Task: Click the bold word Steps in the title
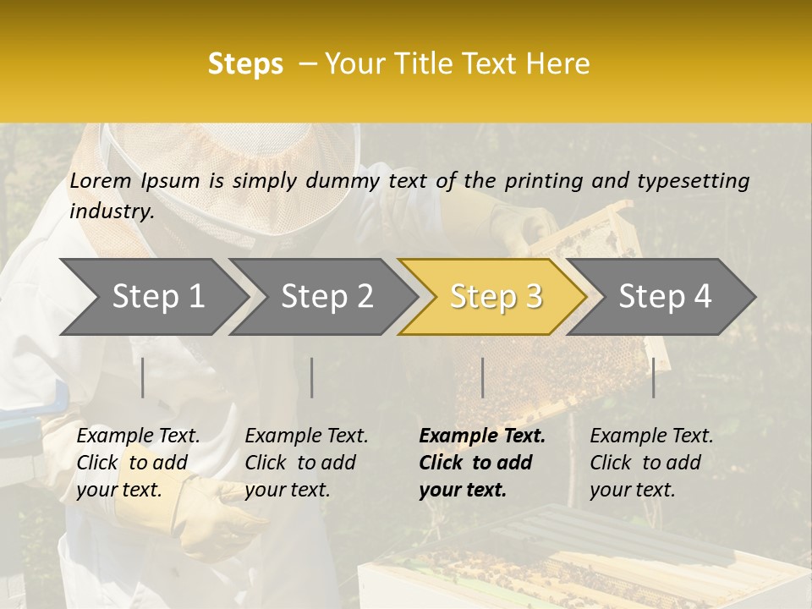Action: click(x=245, y=64)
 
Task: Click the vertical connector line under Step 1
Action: click(x=143, y=377)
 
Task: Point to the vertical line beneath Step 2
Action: click(x=312, y=377)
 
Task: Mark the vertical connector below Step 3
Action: click(x=482, y=377)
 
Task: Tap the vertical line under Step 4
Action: click(x=654, y=377)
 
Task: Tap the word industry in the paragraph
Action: click(x=111, y=211)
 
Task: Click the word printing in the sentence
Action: click(x=547, y=181)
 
